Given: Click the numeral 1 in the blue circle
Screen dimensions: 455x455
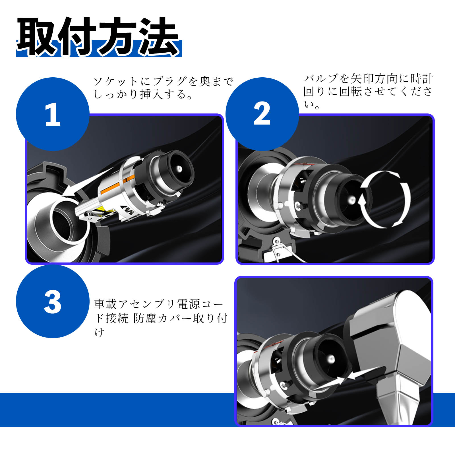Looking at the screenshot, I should pyautogui.click(x=53, y=114).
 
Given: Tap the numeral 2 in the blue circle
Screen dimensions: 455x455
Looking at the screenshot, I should pyautogui.click(x=262, y=114).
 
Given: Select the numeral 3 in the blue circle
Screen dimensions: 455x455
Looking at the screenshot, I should pyautogui.click(x=53, y=302).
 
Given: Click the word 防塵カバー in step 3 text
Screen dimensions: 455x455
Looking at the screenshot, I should pyautogui.click(x=162, y=318).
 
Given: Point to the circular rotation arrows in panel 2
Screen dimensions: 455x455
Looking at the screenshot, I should pyautogui.click(x=385, y=199).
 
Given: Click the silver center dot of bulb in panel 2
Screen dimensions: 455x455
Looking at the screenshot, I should pyautogui.click(x=352, y=200).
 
